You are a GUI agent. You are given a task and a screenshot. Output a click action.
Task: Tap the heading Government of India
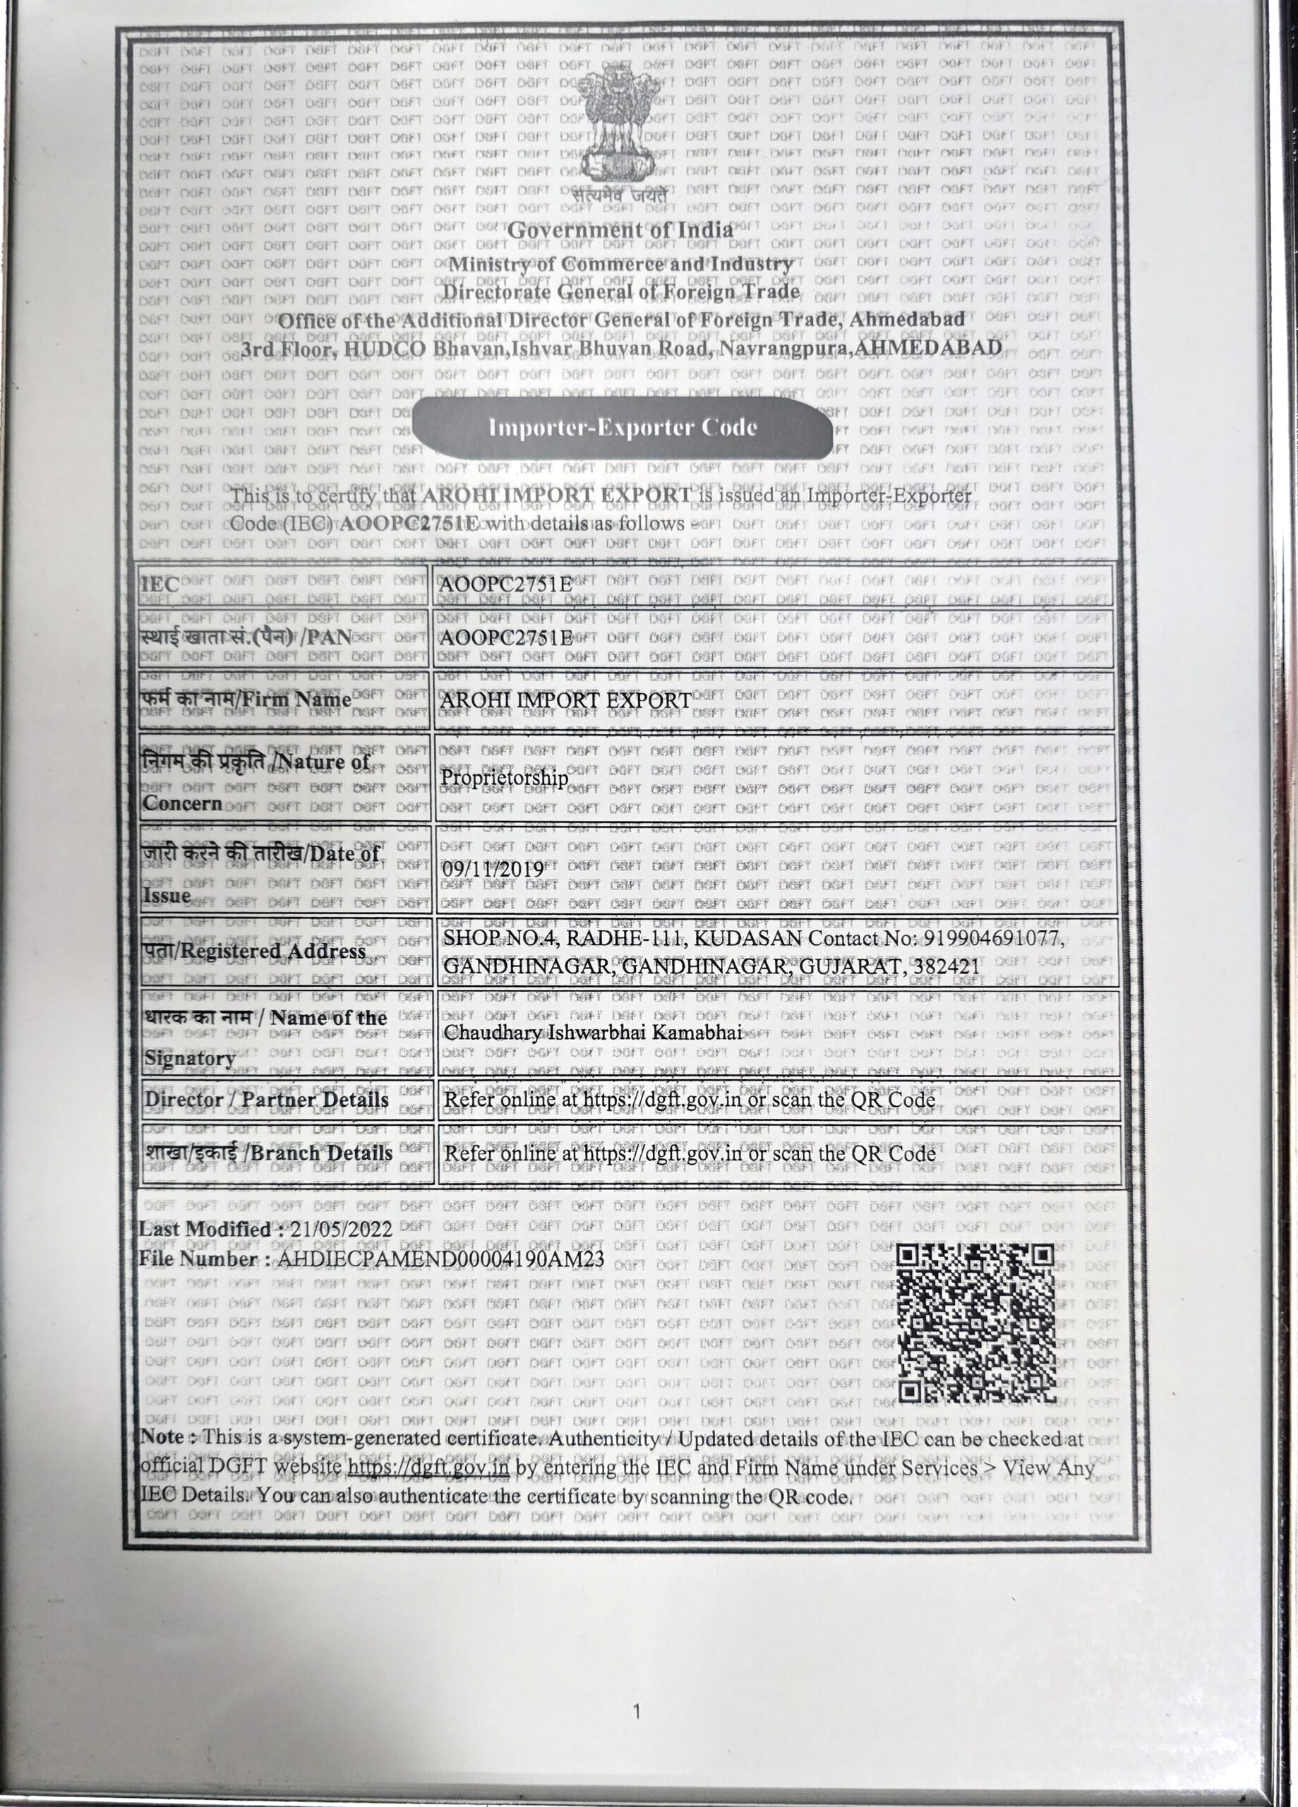(x=620, y=230)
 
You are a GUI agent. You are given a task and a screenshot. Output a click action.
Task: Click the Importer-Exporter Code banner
(x=623, y=428)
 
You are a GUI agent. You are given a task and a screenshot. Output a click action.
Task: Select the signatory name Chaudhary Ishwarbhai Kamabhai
(x=593, y=1033)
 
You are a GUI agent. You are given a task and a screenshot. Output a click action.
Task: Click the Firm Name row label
(x=247, y=700)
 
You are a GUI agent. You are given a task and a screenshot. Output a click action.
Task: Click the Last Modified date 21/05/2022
(x=342, y=1230)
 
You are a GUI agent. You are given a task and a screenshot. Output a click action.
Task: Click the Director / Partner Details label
(x=266, y=1100)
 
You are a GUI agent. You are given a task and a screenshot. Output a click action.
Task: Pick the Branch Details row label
(x=268, y=1153)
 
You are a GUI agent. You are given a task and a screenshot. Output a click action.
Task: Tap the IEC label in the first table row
(x=161, y=583)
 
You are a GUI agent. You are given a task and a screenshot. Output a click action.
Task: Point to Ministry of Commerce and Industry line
(x=620, y=264)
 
